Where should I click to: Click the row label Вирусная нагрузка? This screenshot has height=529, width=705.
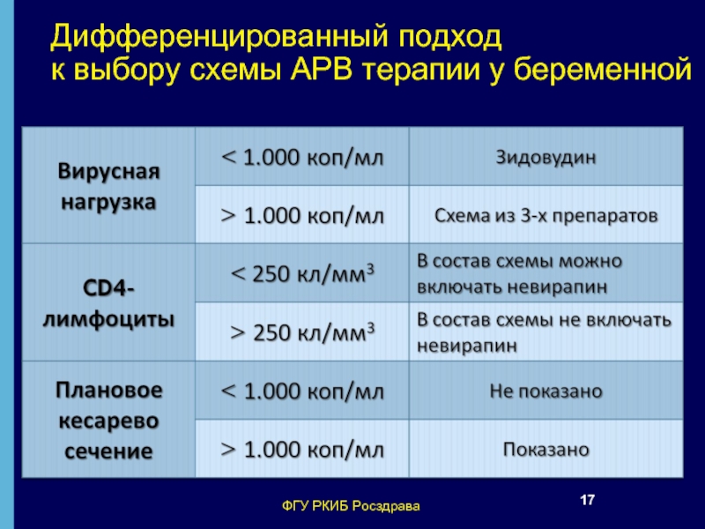coord(108,186)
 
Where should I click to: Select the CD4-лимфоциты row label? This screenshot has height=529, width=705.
coord(108,303)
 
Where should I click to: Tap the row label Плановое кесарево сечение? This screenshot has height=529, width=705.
coord(108,421)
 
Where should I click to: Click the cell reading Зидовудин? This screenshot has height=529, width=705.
coord(545,157)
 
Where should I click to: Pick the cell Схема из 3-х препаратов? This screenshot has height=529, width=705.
coord(545,215)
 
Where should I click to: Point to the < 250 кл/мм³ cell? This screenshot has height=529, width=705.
coord(302,273)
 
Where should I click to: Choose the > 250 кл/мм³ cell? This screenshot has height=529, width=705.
coord(302,332)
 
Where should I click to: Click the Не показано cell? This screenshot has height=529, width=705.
coord(545,391)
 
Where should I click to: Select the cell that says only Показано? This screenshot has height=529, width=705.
coord(545,450)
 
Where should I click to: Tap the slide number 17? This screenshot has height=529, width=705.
coord(587,500)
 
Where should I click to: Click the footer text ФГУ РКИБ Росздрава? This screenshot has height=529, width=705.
coord(351,506)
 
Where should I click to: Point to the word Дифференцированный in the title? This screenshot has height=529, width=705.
coord(219,37)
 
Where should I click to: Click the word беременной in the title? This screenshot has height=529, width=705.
coord(603,71)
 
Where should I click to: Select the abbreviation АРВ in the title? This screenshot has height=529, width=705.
coord(321,71)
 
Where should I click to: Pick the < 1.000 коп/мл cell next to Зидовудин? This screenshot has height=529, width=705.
coord(302,158)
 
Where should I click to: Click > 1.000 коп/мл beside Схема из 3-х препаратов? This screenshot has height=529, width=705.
coord(302,216)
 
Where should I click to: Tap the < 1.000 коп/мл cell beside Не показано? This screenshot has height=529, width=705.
coord(302,391)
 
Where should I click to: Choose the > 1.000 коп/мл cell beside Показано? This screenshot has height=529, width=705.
coord(302,450)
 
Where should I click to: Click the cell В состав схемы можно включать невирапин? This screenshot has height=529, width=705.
coord(519,273)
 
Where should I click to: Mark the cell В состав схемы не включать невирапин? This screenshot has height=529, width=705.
coord(544,332)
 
